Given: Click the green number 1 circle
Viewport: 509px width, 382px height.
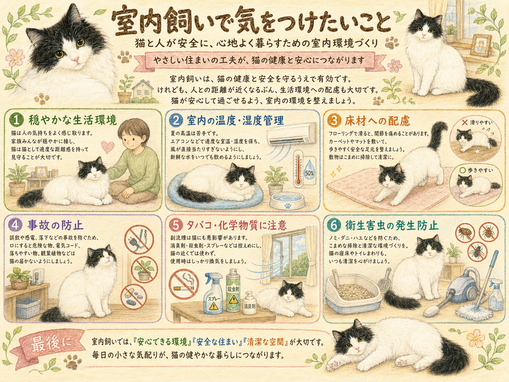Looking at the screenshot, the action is point(16,120).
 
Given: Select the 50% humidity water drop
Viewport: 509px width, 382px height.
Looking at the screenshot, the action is point(309,171).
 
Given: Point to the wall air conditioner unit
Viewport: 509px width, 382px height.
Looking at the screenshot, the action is point(291,133).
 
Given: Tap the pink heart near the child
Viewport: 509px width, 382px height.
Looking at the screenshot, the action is point(107,147).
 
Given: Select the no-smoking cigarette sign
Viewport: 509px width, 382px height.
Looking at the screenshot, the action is point(183,283).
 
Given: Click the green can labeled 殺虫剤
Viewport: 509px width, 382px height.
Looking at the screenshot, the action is point(233,290).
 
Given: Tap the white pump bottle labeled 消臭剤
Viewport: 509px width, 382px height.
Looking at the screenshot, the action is point(250,302).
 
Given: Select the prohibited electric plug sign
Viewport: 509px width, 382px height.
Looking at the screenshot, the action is point(140,240).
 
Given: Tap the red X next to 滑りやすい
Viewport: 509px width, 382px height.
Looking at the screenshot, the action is point(465,122).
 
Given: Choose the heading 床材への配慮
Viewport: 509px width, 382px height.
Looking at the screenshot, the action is point(378,120).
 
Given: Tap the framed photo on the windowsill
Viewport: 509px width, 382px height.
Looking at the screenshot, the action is point(481,45).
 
